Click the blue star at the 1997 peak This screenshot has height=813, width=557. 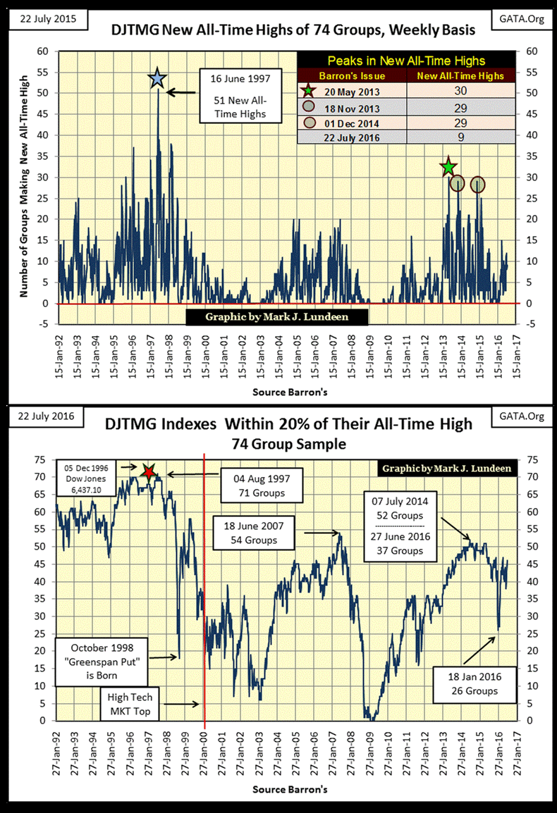158,80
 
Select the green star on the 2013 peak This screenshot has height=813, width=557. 447,167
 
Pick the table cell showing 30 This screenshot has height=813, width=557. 459,92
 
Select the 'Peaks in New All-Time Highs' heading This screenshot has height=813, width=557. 407,61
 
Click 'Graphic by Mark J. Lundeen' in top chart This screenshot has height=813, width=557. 277,317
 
